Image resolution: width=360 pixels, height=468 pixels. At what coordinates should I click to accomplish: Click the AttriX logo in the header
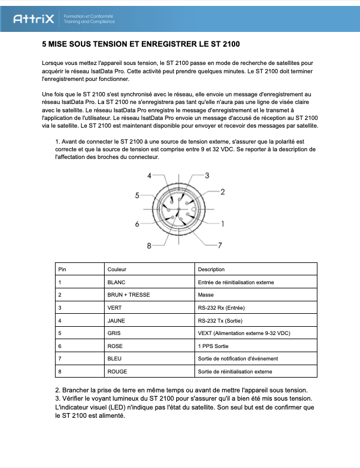[34, 19]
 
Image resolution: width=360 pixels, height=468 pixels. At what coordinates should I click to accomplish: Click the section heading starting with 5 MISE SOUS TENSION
[141, 44]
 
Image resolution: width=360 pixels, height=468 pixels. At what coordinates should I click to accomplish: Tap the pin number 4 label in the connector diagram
[150, 175]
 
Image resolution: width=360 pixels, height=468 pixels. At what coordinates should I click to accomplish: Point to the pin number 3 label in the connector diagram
[207, 175]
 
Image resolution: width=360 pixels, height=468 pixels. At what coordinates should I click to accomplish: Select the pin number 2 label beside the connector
[223, 191]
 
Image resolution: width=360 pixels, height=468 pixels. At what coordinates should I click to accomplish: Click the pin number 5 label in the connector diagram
[137, 196]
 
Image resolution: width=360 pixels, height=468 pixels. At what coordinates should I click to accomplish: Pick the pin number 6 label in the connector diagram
[137, 224]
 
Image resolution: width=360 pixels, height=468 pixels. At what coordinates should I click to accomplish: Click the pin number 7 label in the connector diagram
[219, 244]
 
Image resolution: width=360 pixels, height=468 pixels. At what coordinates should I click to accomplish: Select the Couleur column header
[117, 269]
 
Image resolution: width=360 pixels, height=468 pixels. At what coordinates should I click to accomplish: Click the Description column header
[211, 269]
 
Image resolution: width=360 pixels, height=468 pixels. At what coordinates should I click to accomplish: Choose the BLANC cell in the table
[116, 282]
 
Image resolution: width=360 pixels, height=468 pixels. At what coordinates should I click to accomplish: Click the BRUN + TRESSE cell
[128, 294]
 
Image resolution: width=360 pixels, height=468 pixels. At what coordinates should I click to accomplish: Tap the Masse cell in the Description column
[206, 294]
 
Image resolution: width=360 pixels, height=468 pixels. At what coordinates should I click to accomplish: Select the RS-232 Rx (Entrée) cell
[221, 307]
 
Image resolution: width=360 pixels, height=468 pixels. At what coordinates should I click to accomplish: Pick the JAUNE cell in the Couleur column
[116, 320]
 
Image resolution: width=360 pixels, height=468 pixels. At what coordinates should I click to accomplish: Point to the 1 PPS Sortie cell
[214, 346]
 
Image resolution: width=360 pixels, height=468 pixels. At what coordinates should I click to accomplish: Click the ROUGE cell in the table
[117, 372]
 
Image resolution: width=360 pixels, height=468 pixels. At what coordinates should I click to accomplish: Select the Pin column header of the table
[62, 269]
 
